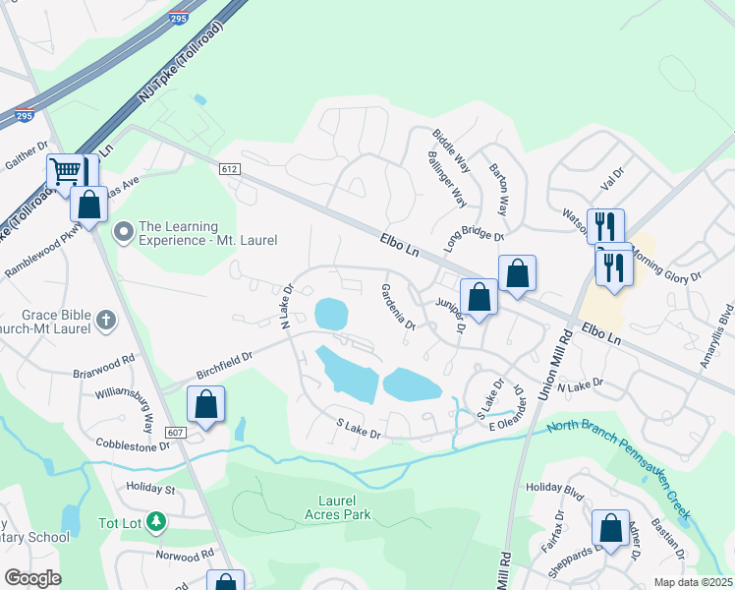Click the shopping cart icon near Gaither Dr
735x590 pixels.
click(65, 171)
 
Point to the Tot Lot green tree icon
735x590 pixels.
click(154, 521)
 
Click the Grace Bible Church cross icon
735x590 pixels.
click(105, 320)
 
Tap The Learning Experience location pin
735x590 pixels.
click(124, 233)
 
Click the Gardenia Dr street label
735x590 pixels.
click(398, 307)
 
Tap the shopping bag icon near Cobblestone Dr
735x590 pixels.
click(206, 403)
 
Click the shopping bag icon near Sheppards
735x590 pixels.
click(611, 528)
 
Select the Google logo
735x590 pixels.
click(32, 578)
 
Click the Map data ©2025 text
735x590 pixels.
click(692, 582)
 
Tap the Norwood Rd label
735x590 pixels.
click(185, 555)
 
